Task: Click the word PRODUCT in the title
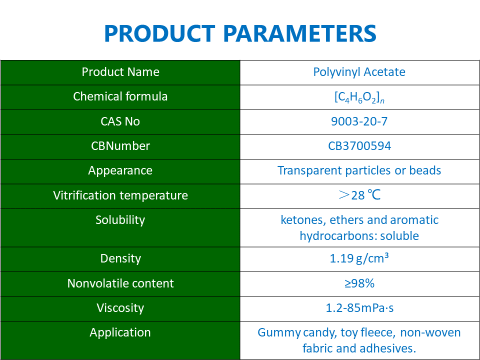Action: click(159, 33)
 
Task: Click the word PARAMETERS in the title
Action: click(299, 33)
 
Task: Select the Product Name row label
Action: click(120, 72)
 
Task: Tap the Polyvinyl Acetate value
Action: click(359, 72)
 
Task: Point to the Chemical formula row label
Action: click(120, 96)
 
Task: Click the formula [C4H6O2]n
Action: click(359, 97)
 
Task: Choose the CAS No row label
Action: click(120, 121)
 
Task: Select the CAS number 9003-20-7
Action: click(359, 121)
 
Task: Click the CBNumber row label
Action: click(120, 146)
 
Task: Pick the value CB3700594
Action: click(359, 146)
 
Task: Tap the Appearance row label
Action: click(120, 170)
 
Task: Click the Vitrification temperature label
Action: click(120, 195)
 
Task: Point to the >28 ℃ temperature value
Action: click(359, 195)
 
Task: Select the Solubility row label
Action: click(120, 220)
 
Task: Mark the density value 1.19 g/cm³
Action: click(359, 258)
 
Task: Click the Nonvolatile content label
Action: click(120, 283)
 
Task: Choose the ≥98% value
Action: click(359, 283)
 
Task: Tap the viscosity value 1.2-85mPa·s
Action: click(359, 308)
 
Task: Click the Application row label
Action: click(120, 332)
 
